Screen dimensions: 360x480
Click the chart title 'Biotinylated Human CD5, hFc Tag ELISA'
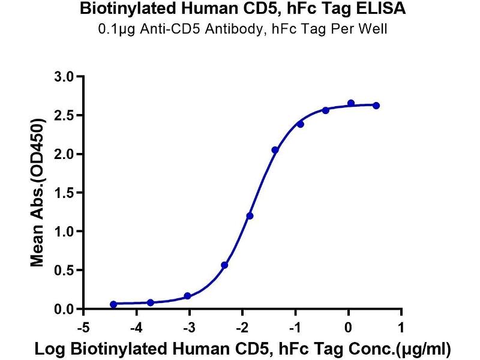[240, 10]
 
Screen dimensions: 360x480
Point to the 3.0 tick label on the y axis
[65, 77]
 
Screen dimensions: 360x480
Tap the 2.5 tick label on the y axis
[65, 115]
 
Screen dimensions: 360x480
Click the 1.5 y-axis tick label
[65, 193]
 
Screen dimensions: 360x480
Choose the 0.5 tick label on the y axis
[65, 270]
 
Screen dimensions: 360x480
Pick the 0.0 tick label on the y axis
[65, 309]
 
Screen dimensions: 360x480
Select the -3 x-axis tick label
[188, 327]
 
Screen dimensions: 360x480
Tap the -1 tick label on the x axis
[294, 327]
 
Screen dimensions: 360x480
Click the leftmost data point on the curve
[113, 304]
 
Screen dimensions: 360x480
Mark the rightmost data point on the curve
[376, 106]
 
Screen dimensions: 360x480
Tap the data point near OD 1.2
[250, 215]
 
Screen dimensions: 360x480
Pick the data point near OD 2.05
[275, 150]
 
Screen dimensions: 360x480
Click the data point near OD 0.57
[224, 265]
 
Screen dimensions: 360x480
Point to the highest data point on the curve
[351, 103]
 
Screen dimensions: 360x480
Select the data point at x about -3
[187, 296]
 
